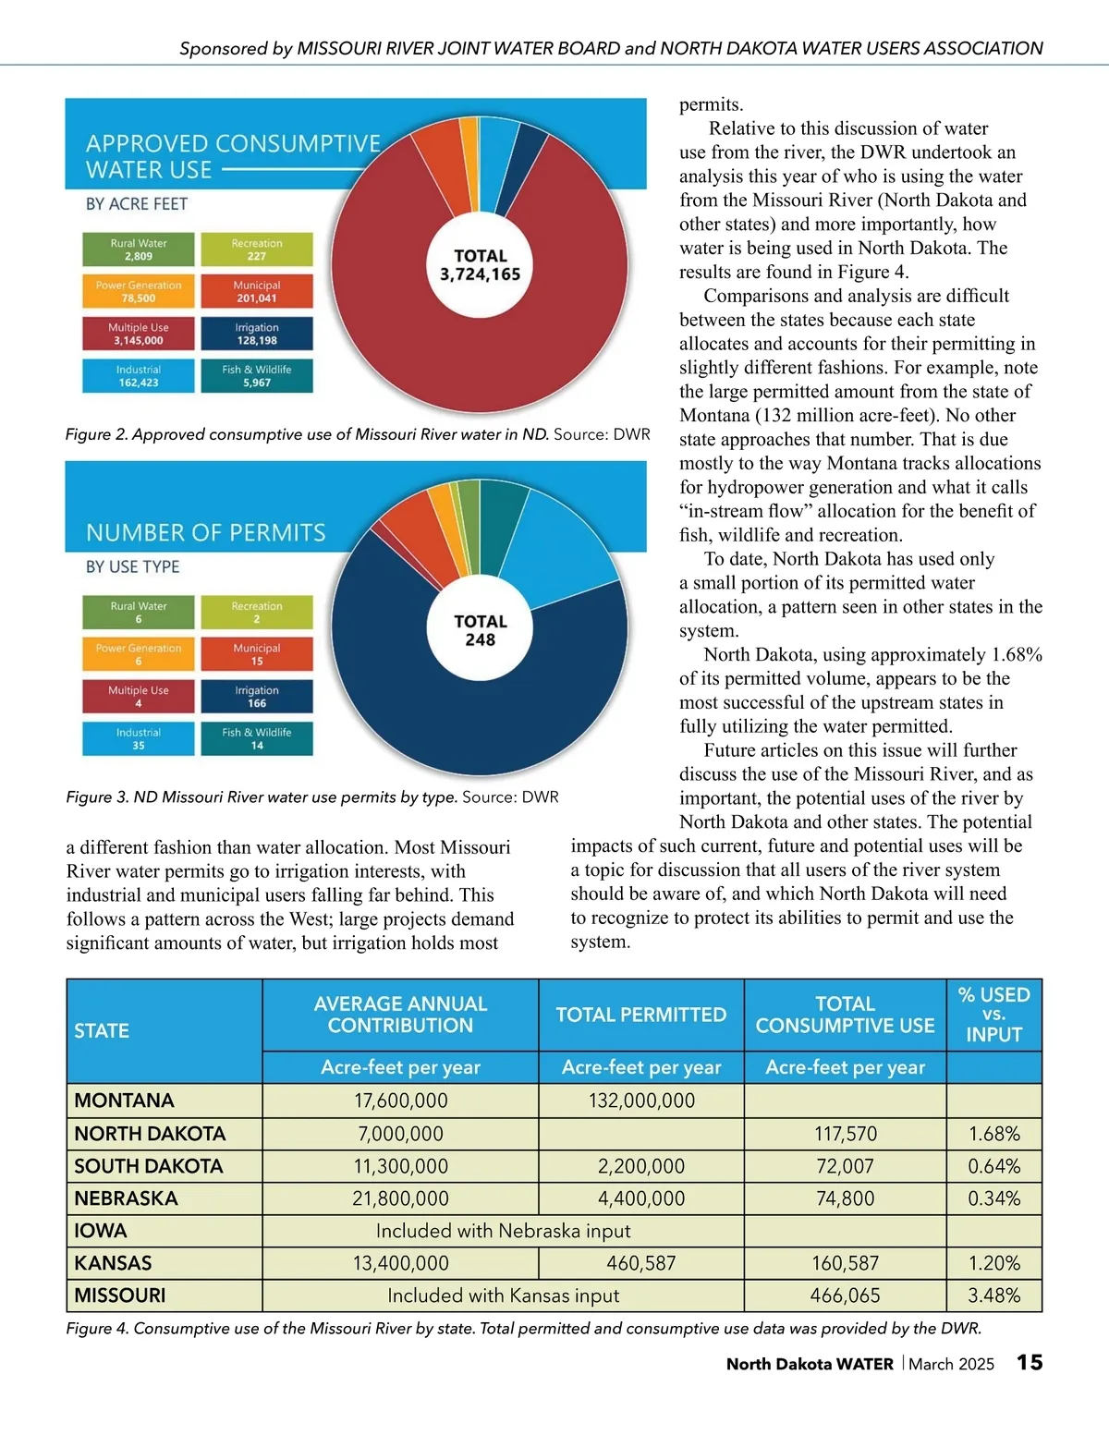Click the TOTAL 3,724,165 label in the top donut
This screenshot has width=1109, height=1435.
pos(480,265)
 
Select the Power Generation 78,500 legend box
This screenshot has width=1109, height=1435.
pos(139,292)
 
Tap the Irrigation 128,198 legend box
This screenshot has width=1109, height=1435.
pos(257,334)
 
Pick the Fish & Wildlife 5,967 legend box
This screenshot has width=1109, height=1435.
pos(257,376)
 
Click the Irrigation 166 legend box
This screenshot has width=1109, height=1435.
pos(257,697)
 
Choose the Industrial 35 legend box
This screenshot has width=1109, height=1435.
pos(139,739)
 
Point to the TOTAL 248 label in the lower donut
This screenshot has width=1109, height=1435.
pos(480,630)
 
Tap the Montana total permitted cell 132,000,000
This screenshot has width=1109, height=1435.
pos(641,1101)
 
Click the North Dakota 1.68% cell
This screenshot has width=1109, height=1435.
pos(994,1134)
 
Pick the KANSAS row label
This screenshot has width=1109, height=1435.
pos(113,1263)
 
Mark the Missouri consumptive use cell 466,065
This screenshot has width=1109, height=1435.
pos(845,1295)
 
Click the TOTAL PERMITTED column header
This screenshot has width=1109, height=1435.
pos(641,1015)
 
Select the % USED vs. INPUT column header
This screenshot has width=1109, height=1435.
pos(994,1015)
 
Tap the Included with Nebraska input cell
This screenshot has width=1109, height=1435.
pos(503,1231)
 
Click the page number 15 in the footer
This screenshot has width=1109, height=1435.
pos(1030,1363)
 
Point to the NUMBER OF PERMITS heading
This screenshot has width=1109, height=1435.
pos(206,533)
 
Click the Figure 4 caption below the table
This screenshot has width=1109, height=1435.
pos(523,1329)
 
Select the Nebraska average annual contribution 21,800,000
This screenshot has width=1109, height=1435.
pos(400,1198)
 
